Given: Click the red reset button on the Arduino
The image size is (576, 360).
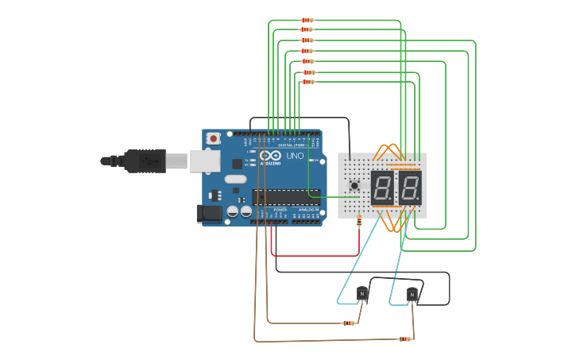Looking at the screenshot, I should [213, 137].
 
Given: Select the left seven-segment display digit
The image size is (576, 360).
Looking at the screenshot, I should [383, 188].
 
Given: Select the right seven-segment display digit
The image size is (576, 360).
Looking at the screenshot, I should [409, 188].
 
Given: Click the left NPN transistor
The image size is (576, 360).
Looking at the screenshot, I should [362, 294].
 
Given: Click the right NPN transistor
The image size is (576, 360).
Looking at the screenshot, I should [412, 294].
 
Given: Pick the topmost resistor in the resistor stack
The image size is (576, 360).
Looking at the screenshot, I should [307, 20].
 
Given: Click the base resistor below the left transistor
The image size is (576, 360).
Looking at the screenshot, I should [348, 323].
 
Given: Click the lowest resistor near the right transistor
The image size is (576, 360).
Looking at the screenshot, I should [404, 339].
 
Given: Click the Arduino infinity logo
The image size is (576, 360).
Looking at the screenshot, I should [269, 156].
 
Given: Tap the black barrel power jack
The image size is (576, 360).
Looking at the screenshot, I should [209, 212].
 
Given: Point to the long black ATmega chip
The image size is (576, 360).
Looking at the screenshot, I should [286, 197].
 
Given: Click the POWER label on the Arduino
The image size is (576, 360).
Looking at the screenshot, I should [280, 210].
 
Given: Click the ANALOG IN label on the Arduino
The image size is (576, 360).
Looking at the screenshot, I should [308, 210].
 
